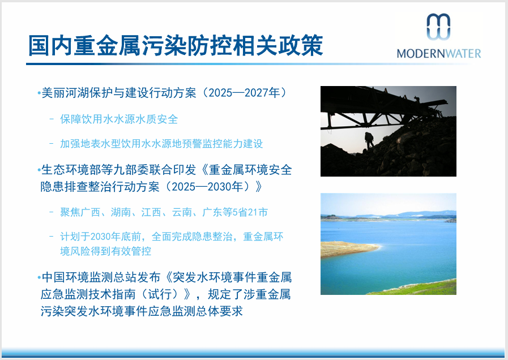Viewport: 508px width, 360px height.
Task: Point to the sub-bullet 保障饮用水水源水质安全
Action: [119, 119]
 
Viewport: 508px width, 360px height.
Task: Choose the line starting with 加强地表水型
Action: [161, 144]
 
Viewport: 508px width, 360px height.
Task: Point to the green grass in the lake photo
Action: [419, 288]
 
